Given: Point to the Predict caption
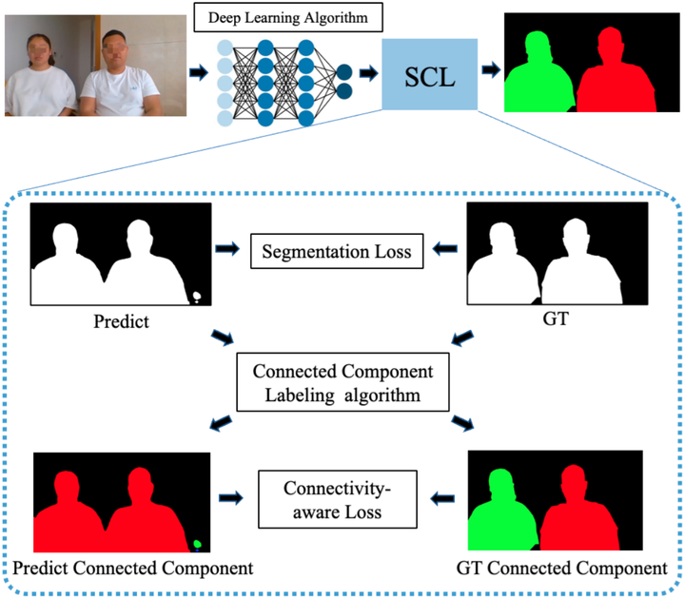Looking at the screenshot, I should tap(122, 321).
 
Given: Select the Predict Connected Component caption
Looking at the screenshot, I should tap(133, 569).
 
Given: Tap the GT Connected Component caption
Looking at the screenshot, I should tap(561, 569).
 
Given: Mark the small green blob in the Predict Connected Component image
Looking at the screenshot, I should tap(198, 545).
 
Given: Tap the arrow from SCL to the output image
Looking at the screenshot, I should tap(491, 68).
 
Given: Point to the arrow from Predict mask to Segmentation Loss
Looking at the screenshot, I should tap(228, 249).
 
